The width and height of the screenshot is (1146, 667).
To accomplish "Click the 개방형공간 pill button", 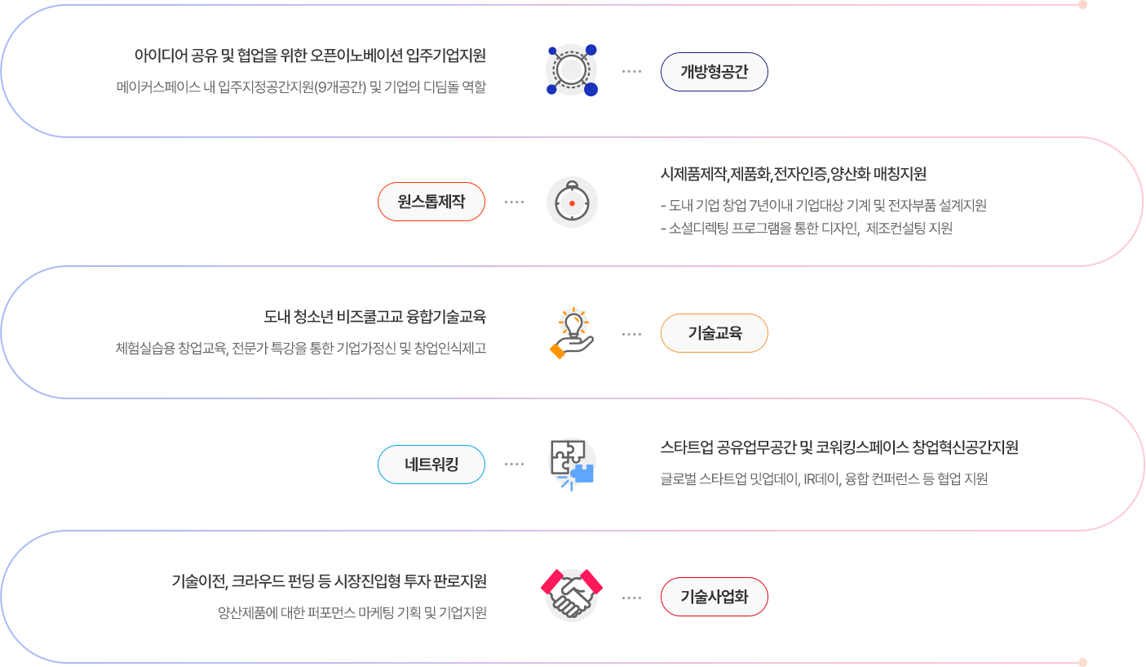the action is point(715,72).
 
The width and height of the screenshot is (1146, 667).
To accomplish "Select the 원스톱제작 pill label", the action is point(431,202).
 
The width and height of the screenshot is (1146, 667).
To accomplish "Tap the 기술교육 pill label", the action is point(715,333).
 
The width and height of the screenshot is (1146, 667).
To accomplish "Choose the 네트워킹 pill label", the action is point(431,465).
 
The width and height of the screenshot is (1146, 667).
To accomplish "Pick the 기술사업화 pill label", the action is point(715,597).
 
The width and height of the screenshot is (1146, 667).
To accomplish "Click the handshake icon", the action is point(572,595).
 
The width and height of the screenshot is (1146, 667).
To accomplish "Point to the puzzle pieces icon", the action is point(572,465).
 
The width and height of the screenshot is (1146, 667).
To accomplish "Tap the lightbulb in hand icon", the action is point(572,333).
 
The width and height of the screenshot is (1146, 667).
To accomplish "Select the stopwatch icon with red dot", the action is point(572,202).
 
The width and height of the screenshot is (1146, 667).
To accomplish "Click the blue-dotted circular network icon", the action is point(572,70).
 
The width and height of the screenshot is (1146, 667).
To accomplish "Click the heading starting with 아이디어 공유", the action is point(310,56).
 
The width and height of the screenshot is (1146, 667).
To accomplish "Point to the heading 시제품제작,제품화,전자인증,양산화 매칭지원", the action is point(793,174).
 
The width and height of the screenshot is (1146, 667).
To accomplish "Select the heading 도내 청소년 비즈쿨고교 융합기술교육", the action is point(375,317).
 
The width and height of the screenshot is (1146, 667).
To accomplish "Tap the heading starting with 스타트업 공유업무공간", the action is point(839,447).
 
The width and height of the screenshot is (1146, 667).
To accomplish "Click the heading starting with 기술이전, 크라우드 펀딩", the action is point(329,581).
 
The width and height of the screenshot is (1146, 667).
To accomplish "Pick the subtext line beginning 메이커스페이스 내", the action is point(301,87).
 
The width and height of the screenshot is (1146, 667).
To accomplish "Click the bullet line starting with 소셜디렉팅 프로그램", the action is point(807,229).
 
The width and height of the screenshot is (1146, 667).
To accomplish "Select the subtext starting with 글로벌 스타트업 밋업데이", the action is point(824,478).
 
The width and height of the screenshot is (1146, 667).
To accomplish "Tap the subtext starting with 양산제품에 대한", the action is point(352,612).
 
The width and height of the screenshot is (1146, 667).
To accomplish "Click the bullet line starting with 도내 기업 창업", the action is point(824,205).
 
